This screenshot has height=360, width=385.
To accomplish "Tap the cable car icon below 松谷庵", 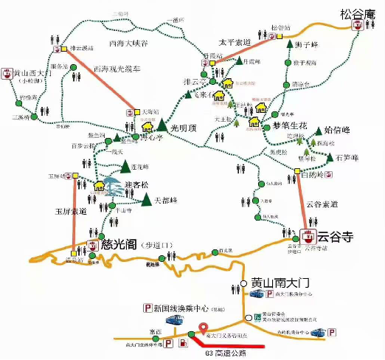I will click(358, 27).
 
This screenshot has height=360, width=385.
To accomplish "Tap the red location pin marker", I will click(204, 330).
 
